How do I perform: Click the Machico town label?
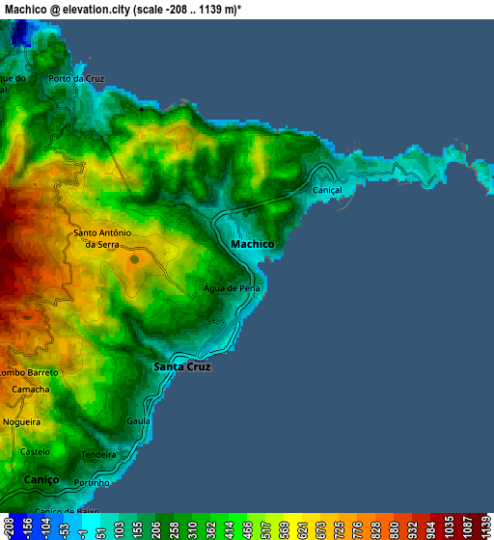pos(253,245)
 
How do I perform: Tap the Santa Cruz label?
pos(182,367)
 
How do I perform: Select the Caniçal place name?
pos(328,190)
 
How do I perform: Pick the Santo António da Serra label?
pos(102,238)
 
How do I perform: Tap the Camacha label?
pos(30,389)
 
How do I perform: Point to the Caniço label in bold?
pos(41,479)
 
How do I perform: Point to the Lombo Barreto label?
pos(29,372)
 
